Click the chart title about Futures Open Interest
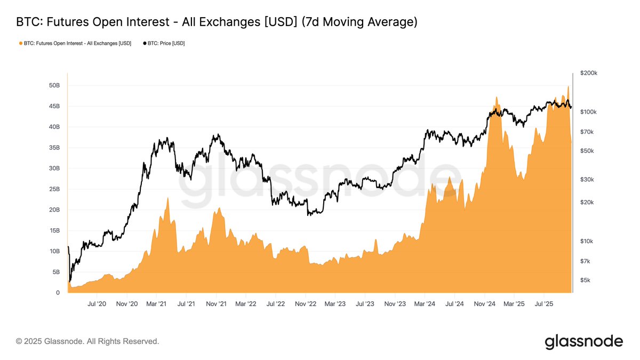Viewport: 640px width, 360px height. pyautogui.click(x=217, y=22)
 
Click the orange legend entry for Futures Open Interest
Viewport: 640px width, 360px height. pyautogui.click(x=75, y=43)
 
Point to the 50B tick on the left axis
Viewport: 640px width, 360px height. pyautogui.click(x=54, y=85)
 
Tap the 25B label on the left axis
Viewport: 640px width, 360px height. pyautogui.click(x=54, y=189)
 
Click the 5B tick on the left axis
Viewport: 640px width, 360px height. pyautogui.click(x=56, y=272)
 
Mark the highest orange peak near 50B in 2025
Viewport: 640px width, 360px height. pyautogui.click(x=569, y=86)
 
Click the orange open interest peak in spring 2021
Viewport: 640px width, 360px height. pyautogui.click(x=168, y=198)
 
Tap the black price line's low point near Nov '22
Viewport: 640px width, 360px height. pyautogui.click(x=309, y=215)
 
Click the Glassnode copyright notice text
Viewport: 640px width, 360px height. pyautogui.click(x=87, y=341)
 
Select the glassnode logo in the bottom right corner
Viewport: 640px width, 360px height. pyautogui.click(x=583, y=341)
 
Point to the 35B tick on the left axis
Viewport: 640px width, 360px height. pyautogui.click(x=54, y=148)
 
